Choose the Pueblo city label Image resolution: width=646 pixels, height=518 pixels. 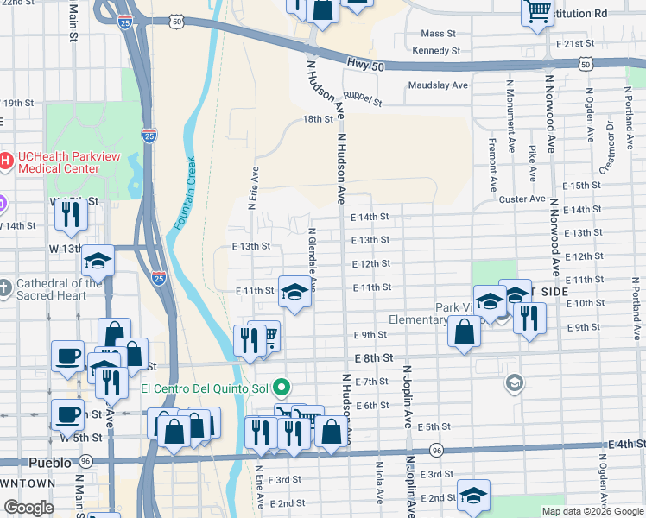click(x=47, y=462)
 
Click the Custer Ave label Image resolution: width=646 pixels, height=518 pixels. click(x=522, y=199)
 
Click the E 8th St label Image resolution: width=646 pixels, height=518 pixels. click(x=372, y=357)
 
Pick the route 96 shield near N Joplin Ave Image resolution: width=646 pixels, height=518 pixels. click(x=437, y=450)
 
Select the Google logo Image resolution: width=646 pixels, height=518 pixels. click(x=28, y=508)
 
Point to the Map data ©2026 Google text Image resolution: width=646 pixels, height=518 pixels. click(x=592, y=511)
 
